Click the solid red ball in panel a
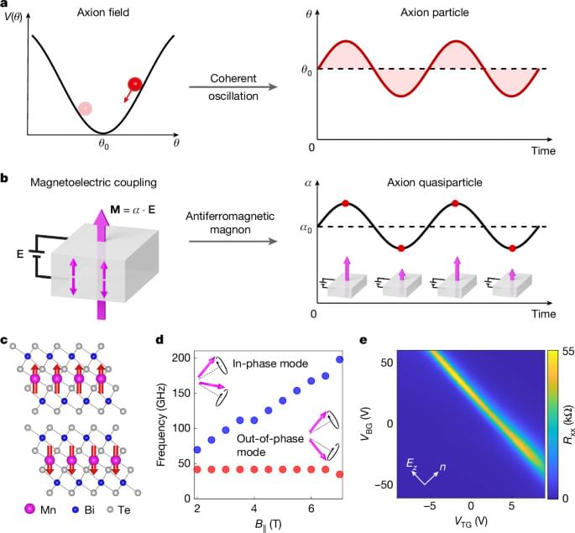tap(133, 84)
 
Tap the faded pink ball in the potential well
tap(86, 108)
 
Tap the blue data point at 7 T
tap(339, 337)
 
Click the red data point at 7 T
tap(339, 474)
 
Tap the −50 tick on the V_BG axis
tap(387, 485)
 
